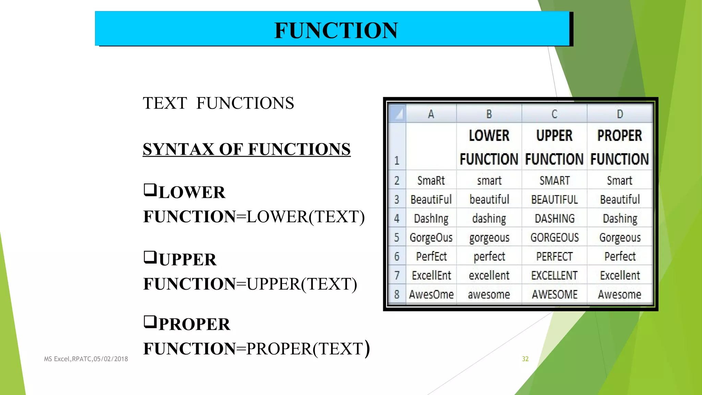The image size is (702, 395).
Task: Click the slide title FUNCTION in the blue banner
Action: coord(336,30)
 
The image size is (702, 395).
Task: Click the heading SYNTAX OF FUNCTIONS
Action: coord(246,149)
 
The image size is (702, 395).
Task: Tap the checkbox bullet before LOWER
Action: coord(150,190)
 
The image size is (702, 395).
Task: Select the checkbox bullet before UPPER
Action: coord(150,257)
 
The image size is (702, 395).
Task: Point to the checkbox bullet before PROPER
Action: coord(150,322)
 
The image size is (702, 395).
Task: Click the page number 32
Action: coord(525,359)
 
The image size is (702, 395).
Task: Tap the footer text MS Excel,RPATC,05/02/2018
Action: coord(86,359)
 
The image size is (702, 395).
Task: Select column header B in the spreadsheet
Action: coord(489,114)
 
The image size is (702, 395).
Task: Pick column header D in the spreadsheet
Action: coord(620,114)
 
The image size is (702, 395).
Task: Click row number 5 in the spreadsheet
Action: coord(397,237)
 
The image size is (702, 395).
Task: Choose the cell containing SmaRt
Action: coord(431,180)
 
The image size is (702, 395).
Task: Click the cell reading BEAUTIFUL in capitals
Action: coord(554,199)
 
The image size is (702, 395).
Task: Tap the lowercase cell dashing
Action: coord(489,218)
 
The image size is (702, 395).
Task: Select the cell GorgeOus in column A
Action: coord(431,237)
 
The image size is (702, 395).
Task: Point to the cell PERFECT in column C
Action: coord(554,256)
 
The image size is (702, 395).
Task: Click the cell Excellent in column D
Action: coord(620,275)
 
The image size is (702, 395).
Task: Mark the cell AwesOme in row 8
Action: coord(431,294)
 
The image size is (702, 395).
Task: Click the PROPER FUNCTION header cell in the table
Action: coord(620,147)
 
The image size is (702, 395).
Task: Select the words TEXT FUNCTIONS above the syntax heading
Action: coord(218,103)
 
